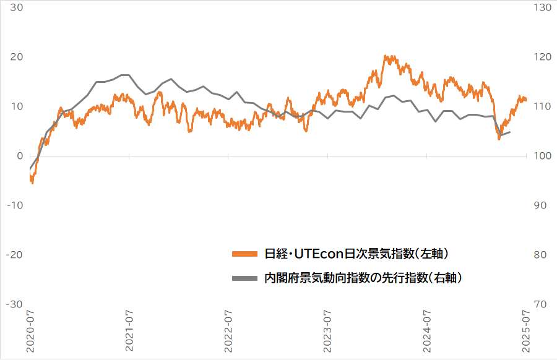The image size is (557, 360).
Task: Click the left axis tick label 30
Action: [17, 7]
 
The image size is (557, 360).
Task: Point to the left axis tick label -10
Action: [14, 205]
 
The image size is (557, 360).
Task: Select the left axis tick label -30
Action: [14, 304]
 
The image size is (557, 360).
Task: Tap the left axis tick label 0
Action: [20, 156]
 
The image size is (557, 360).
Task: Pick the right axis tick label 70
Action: [538, 304]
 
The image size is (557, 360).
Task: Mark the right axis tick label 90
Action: [538, 205]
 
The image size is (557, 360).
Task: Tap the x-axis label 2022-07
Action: [229, 332]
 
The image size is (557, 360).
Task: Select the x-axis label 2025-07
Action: [527, 332]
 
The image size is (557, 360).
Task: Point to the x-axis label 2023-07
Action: [328, 332]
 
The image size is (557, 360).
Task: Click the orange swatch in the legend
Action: [244, 254]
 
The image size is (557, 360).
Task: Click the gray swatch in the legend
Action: [244, 278]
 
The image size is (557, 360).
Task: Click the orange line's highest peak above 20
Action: [386, 56]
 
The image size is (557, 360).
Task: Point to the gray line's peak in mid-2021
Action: [124, 75]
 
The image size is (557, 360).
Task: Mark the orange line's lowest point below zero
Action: [32, 182]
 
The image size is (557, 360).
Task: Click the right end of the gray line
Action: [510, 132]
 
